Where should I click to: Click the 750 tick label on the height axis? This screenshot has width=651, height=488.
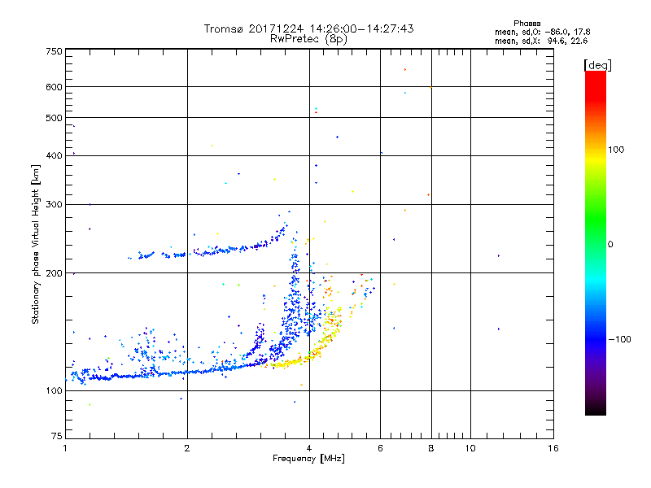pyautogui.click(x=54, y=51)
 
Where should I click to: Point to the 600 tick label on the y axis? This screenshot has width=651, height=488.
pyautogui.click(x=54, y=87)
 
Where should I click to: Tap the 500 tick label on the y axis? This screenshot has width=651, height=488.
pyautogui.click(x=54, y=118)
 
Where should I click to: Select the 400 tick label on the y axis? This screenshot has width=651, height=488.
pyautogui.click(x=54, y=156)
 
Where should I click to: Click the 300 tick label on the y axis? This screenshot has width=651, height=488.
pyautogui.click(x=54, y=204)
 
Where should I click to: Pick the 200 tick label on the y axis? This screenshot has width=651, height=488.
pyautogui.click(x=54, y=273)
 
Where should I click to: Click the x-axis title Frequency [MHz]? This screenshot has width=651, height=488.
pyautogui.click(x=309, y=459)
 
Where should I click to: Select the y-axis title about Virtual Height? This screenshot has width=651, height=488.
pyautogui.click(x=36, y=244)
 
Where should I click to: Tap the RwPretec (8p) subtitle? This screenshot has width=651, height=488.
pyautogui.click(x=308, y=38)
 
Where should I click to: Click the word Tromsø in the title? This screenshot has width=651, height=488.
pyautogui.click(x=224, y=28)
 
